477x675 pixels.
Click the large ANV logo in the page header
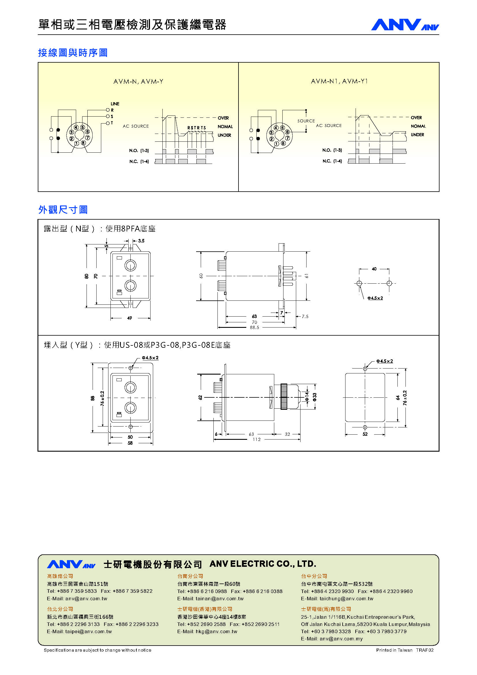[397, 25]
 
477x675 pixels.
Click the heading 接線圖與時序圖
[73, 53]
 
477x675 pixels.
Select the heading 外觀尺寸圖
[63, 210]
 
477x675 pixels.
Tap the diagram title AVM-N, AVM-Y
[138, 81]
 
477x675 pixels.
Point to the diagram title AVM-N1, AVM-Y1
[339, 81]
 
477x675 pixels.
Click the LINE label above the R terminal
[115, 104]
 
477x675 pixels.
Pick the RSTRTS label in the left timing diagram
[196, 128]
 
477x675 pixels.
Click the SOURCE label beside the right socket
[306, 121]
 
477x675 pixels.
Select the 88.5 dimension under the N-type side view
[254, 328]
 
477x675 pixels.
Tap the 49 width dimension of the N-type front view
[129, 318]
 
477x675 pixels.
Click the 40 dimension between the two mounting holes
[374, 269]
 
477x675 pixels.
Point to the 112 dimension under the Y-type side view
[256, 440]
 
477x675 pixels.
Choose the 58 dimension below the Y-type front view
[130, 443]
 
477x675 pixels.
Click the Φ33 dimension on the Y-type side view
[315, 397]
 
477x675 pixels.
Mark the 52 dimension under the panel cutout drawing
[365, 434]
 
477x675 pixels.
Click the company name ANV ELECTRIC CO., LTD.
[263, 564]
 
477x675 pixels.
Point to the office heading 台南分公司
[190, 576]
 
